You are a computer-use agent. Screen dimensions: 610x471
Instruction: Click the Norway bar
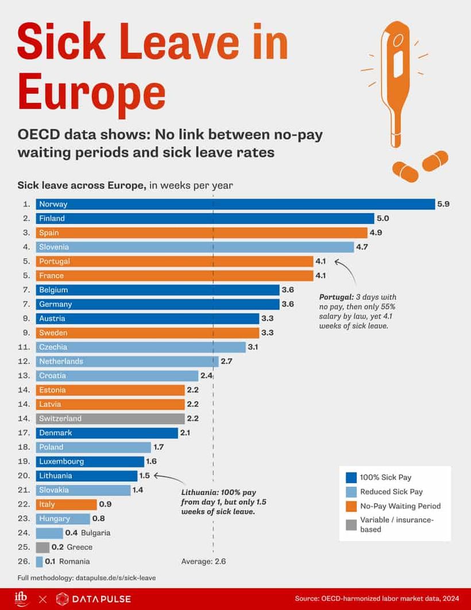(235, 204)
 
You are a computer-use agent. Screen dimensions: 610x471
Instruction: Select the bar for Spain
(201, 233)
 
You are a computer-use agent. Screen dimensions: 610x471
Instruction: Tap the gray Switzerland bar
(110, 419)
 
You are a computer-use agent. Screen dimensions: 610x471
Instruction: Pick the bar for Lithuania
(86, 476)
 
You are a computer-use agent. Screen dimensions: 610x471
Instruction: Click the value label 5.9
(443, 204)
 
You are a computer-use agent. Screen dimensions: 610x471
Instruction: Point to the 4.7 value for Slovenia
(362, 247)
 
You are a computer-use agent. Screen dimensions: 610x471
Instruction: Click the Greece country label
(80, 547)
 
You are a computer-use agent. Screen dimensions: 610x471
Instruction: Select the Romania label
(75, 562)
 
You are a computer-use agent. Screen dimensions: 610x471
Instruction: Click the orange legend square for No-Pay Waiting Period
(352, 506)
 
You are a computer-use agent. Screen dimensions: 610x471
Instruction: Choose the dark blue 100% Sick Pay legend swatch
(352, 477)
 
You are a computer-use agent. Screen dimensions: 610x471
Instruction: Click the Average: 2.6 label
(203, 562)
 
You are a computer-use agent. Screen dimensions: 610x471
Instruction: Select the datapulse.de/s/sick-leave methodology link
(115, 578)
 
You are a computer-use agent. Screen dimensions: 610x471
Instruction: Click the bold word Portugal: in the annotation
(336, 298)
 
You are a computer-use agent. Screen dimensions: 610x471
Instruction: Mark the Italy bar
(66, 504)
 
